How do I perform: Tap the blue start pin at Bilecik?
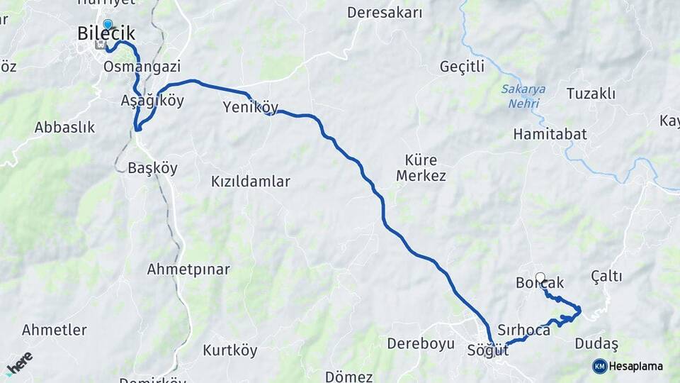click(108, 25)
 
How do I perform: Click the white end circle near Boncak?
click(540, 277)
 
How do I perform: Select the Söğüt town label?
click(488, 350)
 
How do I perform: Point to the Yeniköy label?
click(250, 108)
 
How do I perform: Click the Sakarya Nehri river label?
click(523, 96)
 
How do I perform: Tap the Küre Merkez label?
click(421, 167)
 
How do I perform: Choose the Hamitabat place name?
click(550, 134)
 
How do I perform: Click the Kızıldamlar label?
click(251, 182)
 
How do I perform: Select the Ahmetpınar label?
click(188, 270)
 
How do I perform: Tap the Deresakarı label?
click(385, 13)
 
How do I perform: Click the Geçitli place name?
click(462, 67)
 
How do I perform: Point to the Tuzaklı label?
click(591, 94)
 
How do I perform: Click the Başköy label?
click(152, 169)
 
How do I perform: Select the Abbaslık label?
click(64, 128)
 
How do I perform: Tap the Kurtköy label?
click(229, 350)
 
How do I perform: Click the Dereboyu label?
click(420, 344)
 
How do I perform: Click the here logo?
click(19, 363)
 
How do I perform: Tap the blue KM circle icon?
click(599, 366)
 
